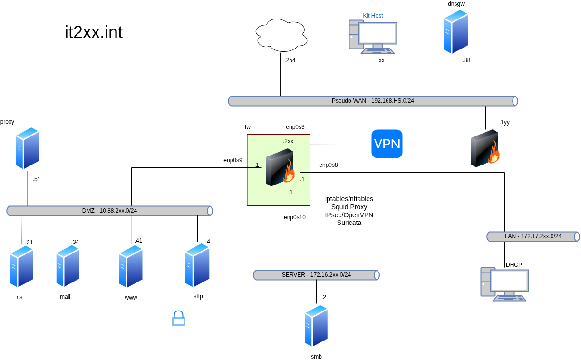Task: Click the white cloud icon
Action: click(281, 35)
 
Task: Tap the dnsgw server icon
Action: click(456, 32)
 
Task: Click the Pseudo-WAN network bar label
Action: click(373, 101)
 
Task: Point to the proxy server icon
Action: click(28, 148)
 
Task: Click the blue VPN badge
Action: click(387, 144)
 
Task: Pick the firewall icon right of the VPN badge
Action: click(485, 148)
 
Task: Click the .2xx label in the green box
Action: click(288, 141)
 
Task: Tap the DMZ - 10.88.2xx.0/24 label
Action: click(109, 211)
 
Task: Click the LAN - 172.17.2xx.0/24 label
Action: click(533, 236)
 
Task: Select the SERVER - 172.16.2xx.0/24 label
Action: click(316, 275)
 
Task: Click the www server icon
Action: click(131, 266)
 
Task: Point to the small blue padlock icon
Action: click(178, 318)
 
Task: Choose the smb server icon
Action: click(316, 326)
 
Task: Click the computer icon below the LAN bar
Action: click(504, 284)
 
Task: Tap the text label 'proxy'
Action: click(7, 122)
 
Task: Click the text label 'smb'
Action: click(316, 356)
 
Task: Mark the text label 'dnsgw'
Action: click(456, 4)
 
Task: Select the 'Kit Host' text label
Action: click(373, 16)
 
